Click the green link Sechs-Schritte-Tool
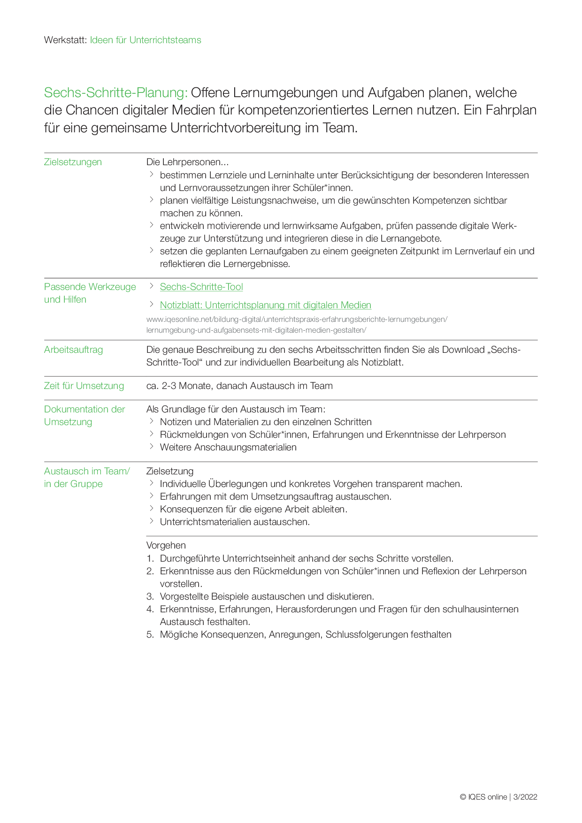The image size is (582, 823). click(201, 287)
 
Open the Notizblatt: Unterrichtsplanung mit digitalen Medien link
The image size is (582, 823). click(265, 305)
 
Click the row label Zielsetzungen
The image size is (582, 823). click(73, 162)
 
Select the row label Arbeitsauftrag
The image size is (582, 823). click(73, 350)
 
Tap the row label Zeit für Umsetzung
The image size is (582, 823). click(84, 386)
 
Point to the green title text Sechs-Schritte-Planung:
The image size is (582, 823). click(115, 92)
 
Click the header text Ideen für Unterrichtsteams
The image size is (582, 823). click(145, 40)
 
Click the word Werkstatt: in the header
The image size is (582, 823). click(65, 40)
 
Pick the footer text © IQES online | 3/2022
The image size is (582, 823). click(498, 797)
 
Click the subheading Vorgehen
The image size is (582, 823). click(166, 545)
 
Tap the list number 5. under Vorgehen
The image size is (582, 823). click(150, 634)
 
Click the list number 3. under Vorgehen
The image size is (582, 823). click(150, 596)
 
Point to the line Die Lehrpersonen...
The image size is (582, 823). click(187, 162)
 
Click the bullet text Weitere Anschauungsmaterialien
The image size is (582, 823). click(228, 447)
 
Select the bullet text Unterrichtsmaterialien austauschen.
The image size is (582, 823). click(235, 522)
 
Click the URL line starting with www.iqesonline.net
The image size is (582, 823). click(297, 320)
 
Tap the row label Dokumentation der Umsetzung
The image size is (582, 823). click(84, 415)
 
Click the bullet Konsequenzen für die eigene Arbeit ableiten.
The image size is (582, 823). click(253, 509)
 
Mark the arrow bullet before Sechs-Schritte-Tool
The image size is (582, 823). click(151, 286)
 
